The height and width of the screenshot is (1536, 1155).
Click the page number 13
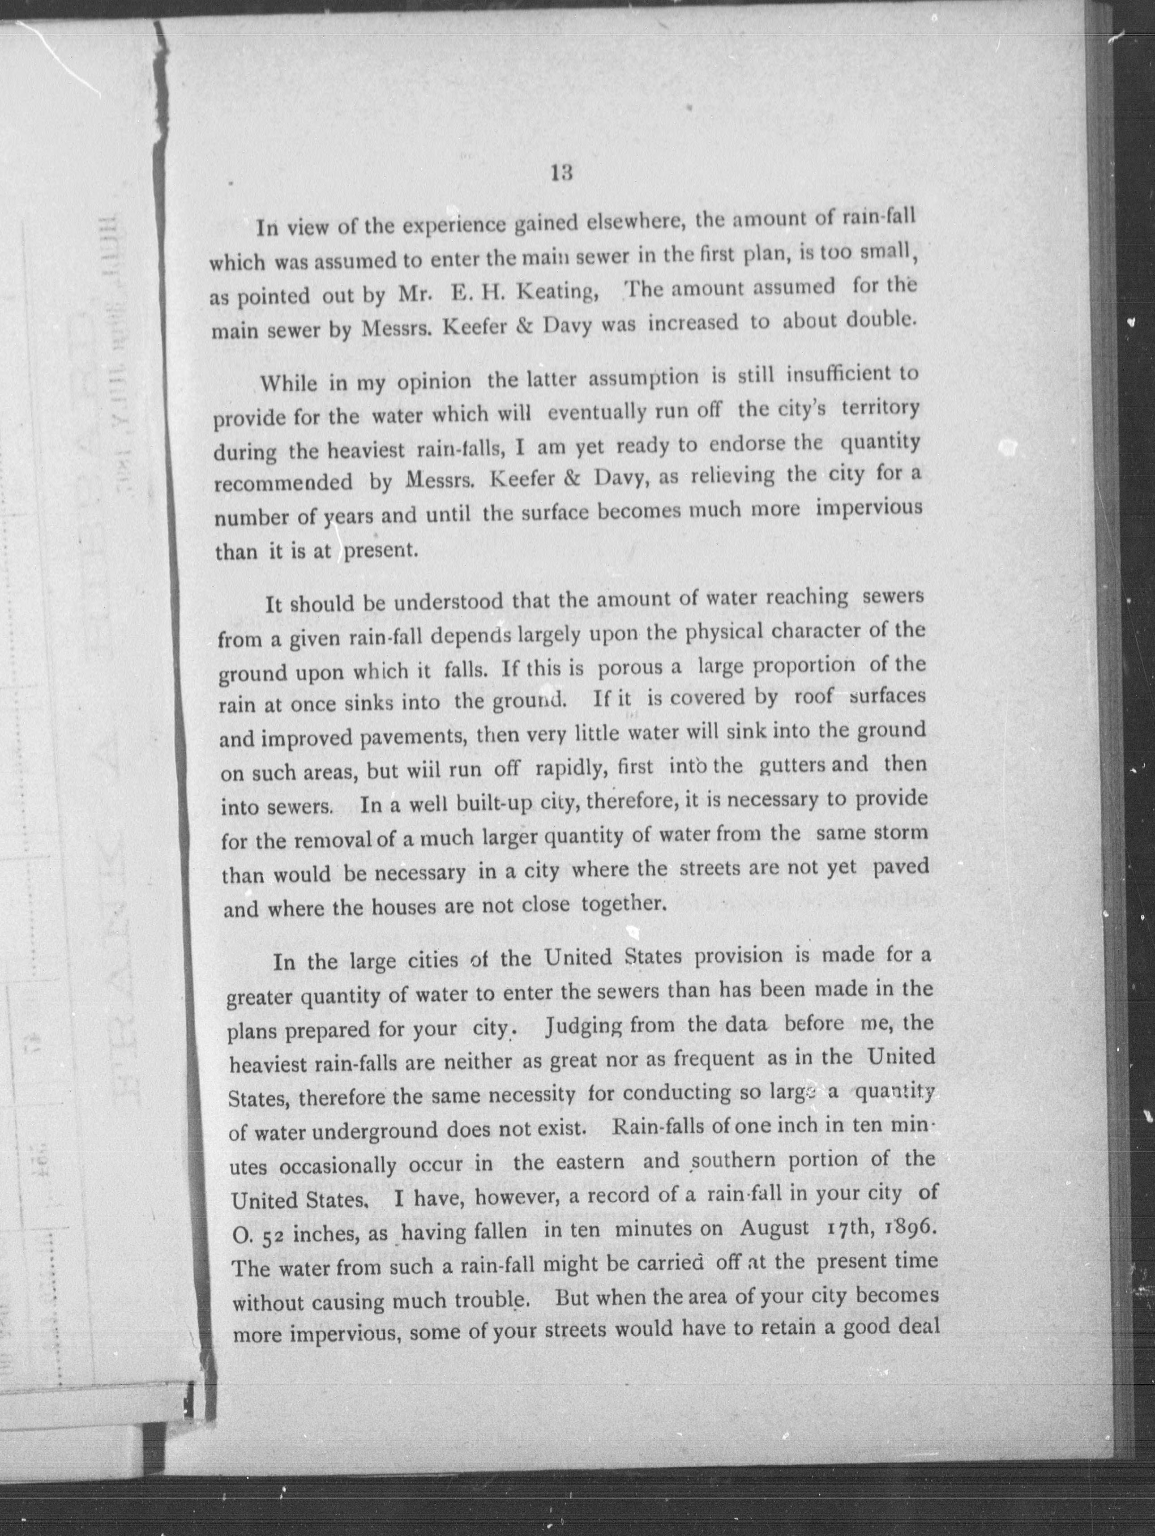pyautogui.click(x=561, y=173)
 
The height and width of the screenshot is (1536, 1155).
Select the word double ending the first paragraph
pyautogui.click(x=880, y=320)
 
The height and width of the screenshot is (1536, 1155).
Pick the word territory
pyautogui.click(x=881, y=408)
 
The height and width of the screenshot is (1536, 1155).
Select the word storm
pyautogui.click(x=901, y=832)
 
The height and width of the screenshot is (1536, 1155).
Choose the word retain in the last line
pyautogui.click(x=793, y=1329)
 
